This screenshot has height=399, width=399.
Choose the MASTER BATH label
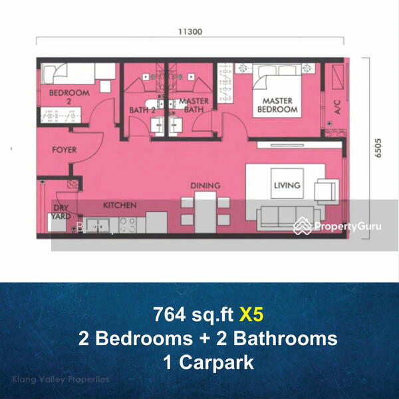(194, 105)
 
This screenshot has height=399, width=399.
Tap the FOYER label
(64, 150)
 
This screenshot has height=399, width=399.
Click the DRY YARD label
(61, 212)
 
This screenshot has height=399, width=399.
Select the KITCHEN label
(120, 205)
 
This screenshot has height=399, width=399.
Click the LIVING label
(287, 186)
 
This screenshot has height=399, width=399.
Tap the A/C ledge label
(337, 108)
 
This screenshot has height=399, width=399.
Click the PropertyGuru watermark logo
(338, 227)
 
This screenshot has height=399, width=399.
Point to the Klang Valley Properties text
(61, 380)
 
